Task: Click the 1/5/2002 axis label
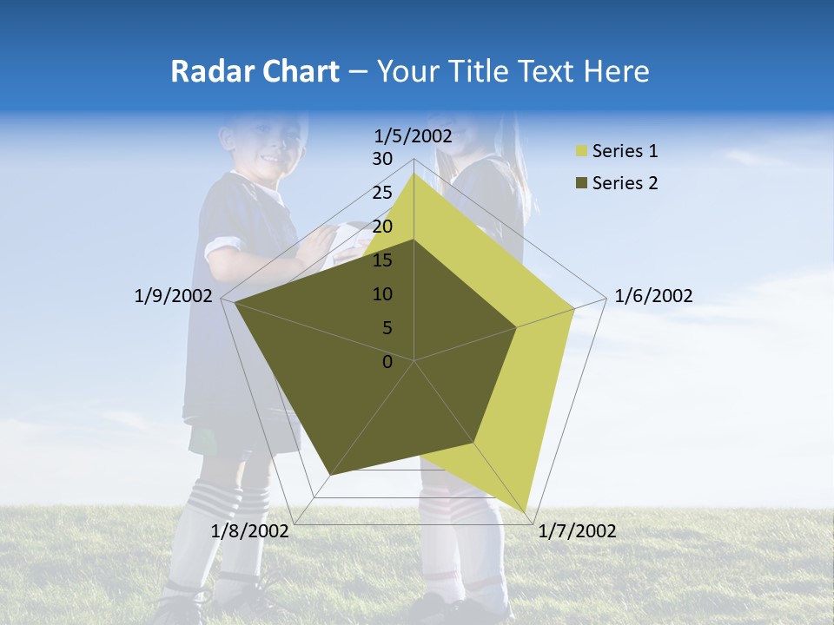pyautogui.click(x=414, y=135)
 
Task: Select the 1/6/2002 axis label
pyautogui.click(x=653, y=296)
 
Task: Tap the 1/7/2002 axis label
pyautogui.click(x=577, y=531)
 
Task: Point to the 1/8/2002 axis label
pyautogui.click(x=250, y=531)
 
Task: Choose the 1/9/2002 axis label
pyautogui.click(x=174, y=296)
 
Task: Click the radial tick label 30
pyautogui.click(x=382, y=159)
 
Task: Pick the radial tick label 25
pyautogui.click(x=382, y=193)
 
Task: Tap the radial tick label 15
pyautogui.click(x=382, y=260)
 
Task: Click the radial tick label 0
pyautogui.click(x=387, y=362)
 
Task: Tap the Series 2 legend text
pyautogui.click(x=625, y=183)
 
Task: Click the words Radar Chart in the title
pyautogui.click(x=255, y=72)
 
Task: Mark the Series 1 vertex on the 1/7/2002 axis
pyautogui.click(x=527, y=510)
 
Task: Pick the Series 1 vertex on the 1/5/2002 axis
pyautogui.click(x=414, y=174)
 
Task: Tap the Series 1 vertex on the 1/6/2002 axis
pyautogui.click(x=573, y=309)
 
